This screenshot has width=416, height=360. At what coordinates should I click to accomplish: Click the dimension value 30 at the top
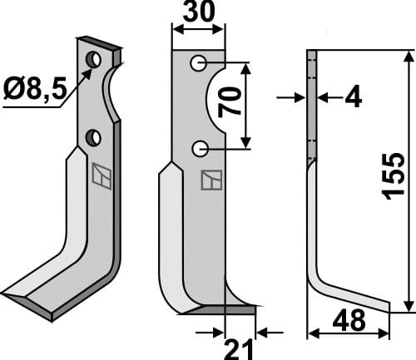pos(199,12)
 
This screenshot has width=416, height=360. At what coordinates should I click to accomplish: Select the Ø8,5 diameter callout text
pos(36,89)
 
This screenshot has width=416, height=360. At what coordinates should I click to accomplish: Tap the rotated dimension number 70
pos(230,102)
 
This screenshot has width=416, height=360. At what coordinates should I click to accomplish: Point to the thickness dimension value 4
pos(353,96)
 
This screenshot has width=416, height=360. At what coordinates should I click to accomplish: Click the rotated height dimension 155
pos(393,175)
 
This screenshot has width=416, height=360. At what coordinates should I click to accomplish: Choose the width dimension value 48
pos(349,320)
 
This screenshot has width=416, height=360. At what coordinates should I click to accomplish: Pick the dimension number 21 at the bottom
pos(239,349)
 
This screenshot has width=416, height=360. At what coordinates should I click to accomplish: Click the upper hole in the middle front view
pos(198,63)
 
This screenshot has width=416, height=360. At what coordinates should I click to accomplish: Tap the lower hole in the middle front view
pos(200,149)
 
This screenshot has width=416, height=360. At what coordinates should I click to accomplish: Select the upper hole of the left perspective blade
pos(93,59)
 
